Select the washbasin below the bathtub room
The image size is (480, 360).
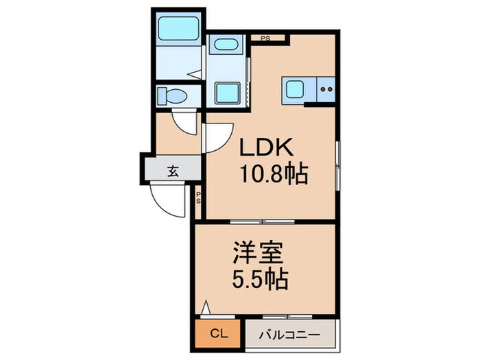point(225,46)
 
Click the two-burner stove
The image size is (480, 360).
point(326,89)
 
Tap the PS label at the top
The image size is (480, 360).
point(263,38)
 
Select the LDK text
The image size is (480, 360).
point(267,148)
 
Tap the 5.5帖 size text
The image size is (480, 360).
point(259,280)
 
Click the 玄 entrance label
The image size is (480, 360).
point(173,171)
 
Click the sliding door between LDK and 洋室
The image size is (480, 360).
point(263,221)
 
